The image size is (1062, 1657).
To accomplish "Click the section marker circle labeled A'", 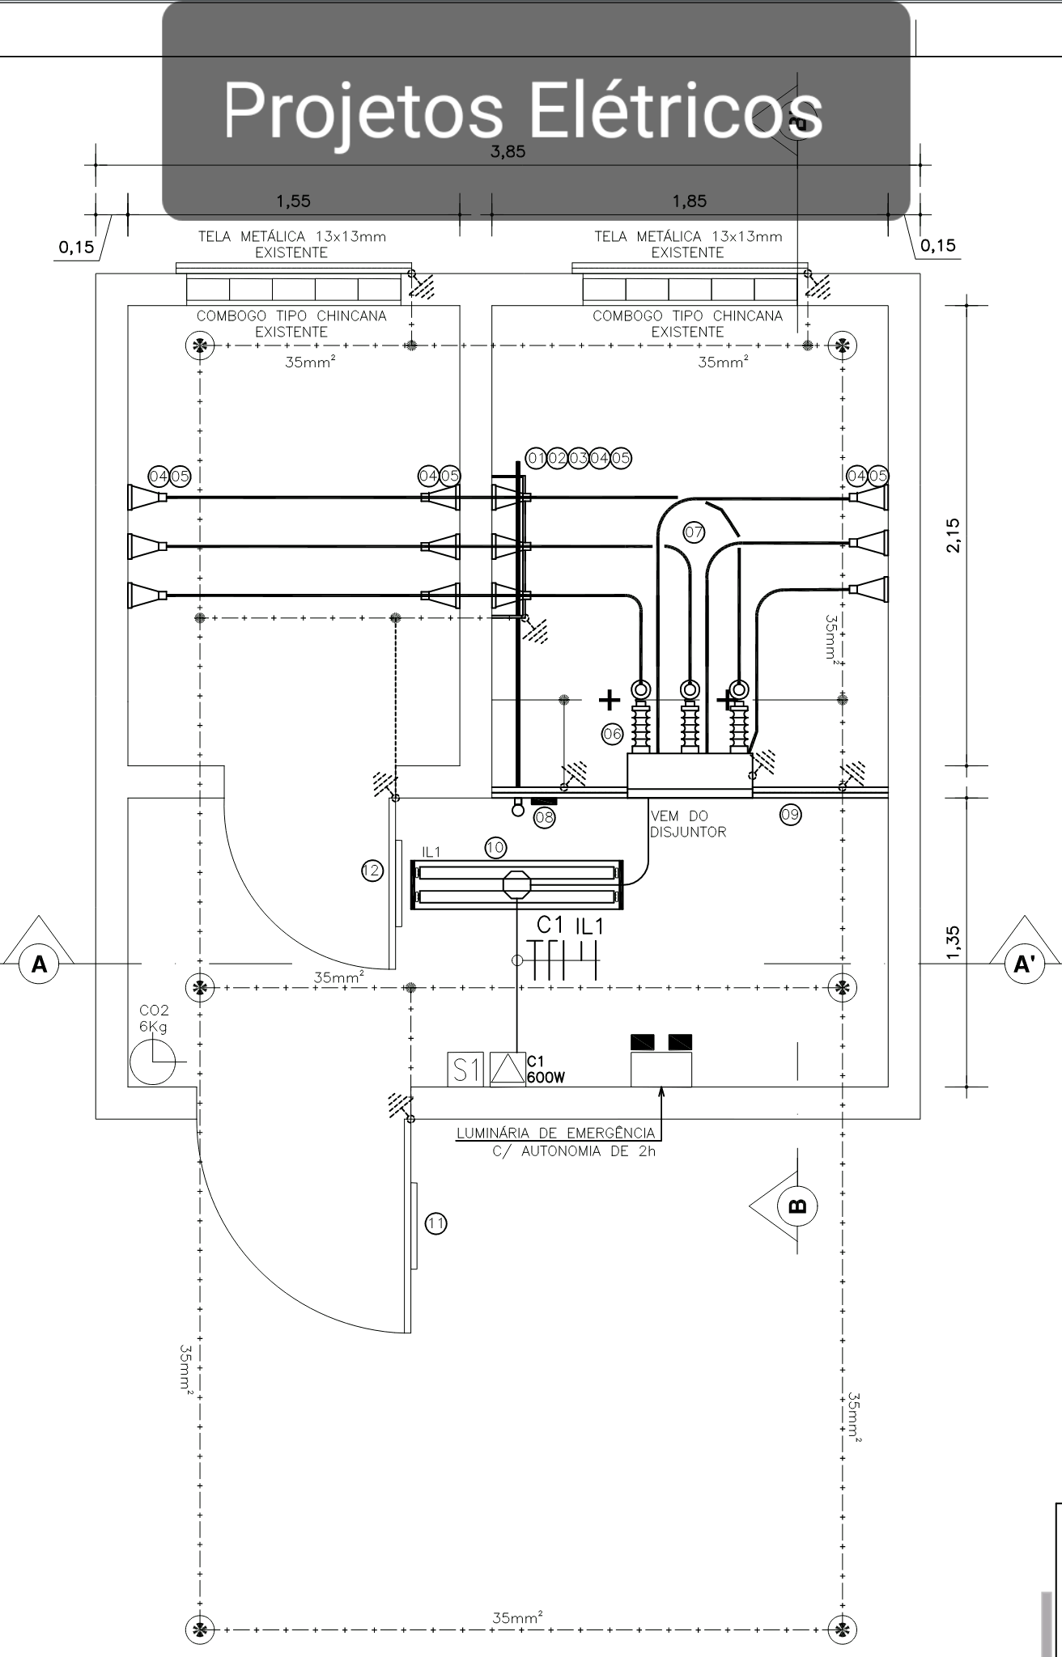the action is pyautogui.click(x=1024, y=964).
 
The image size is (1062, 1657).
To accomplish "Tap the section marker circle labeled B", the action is pyautogui.click(x=796, y=1206).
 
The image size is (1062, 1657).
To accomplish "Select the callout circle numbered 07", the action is pyautogui.click(x=694, y=532).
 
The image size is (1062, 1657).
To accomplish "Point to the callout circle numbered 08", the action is pyautogui.click(x=545, y=817).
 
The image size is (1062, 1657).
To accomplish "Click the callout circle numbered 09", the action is pyautogui.click(x=790, y=815).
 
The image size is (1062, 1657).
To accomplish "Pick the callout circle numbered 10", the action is pyautogui.click(x=495, y=848).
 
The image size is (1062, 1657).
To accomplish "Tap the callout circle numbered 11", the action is pyautogui.click(x=436, y=1223).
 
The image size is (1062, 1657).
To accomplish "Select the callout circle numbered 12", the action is pyautogui.click(x=372, y=871).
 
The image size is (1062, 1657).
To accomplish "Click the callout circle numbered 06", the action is pyautogui.click(x=612, y=734).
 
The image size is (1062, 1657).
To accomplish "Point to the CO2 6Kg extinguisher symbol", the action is pyautogui.click(x=152, y=1062).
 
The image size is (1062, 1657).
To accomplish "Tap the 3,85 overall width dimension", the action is pyautogui.click(x=508, y=151).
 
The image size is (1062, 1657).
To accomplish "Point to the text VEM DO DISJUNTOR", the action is pyautogui.click(x=688, y=824).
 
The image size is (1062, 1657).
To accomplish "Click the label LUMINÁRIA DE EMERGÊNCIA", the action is pyautogui.click(x=555, y=1133).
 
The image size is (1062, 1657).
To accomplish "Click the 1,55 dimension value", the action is pyautogui.click(x=293, y=201).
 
